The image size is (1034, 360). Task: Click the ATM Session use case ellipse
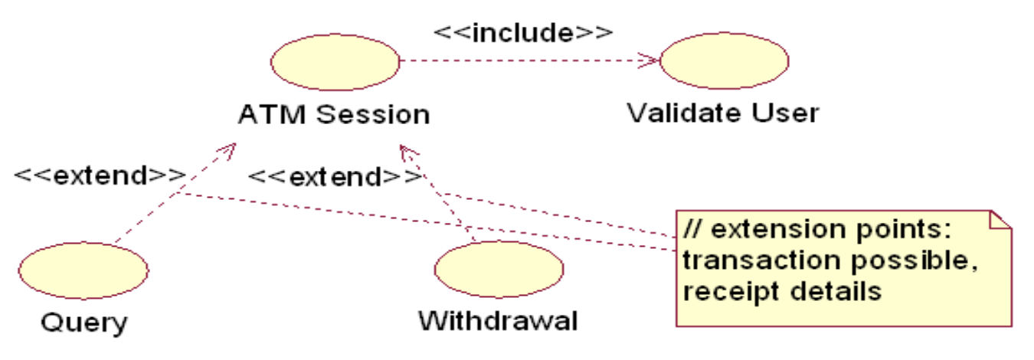tap(335, 61)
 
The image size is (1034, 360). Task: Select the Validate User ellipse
tap(724, 61)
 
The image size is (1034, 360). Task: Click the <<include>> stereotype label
tap(523, 32)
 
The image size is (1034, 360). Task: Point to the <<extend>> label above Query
tap(100, 175)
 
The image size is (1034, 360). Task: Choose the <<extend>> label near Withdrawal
tap(335, 178)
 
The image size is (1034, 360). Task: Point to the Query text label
tap(83, 322)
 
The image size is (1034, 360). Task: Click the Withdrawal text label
tap(498, 320)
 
